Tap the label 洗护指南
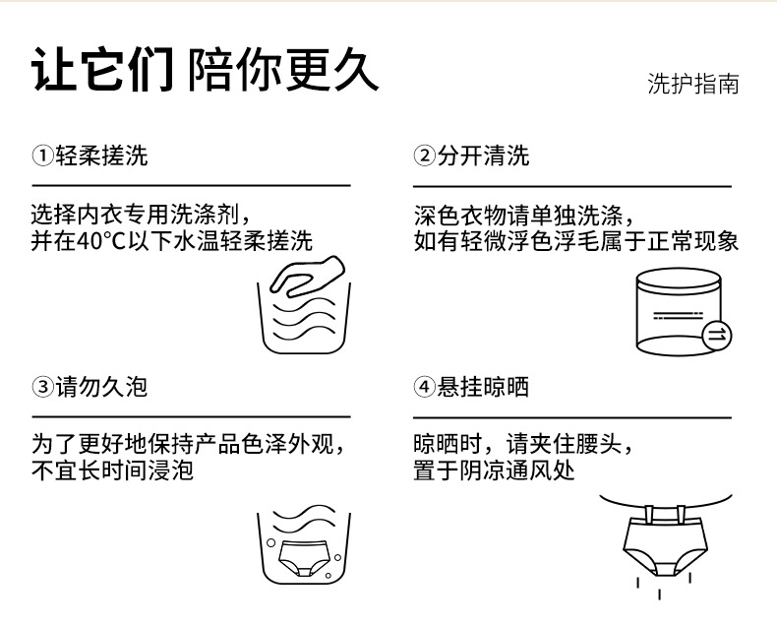(x=692, y=84)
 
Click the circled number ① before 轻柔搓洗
(x=42, y=156)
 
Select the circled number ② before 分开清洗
(x=424, y=156)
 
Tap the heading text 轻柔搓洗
(x=101, y=156)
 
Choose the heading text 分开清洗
(x=483, y=156)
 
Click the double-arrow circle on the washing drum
(x=717, y=335)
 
